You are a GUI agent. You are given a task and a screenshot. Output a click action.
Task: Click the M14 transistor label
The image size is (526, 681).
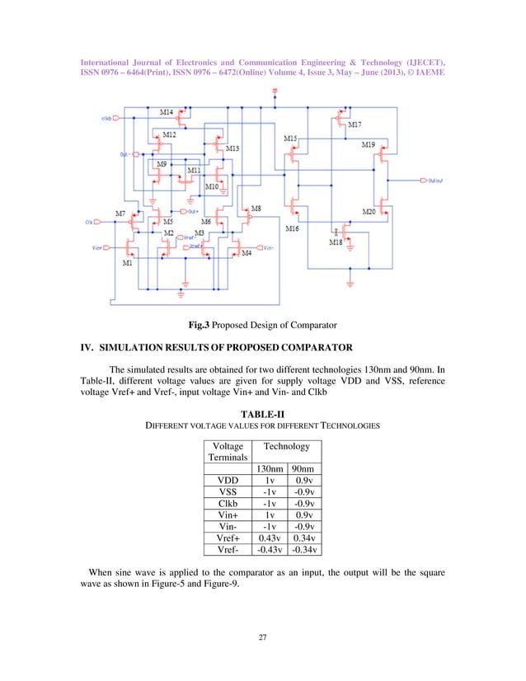[x=167, y=111]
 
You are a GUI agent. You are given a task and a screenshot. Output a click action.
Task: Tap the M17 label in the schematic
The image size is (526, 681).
[x=355, y=124]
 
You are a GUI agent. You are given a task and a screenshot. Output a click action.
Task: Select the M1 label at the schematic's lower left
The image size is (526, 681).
[x=127, y=264]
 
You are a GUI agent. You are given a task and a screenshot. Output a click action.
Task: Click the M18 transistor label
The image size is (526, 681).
[x=336, y=242]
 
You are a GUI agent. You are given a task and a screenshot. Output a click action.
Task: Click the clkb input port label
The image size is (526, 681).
[x=107, y=118]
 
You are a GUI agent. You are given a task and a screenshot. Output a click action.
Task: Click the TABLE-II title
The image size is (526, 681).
[x=262, y=412]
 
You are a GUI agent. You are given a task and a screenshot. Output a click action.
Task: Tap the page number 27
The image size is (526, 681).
[x=262, y=636]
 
